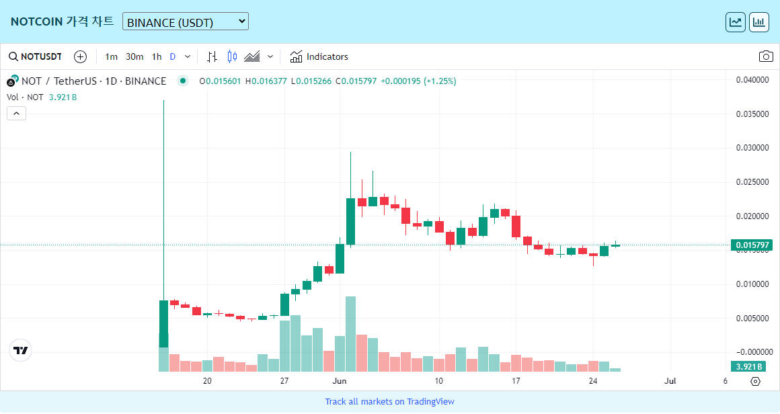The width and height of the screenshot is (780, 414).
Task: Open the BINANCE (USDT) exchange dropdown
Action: point(185,22)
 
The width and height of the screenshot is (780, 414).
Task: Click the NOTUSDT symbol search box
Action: point(35,56)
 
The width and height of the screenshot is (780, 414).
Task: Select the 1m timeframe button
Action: point(111,56)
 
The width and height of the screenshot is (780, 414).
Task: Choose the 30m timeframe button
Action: point(134,56)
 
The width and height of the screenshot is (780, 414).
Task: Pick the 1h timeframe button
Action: point(157,56)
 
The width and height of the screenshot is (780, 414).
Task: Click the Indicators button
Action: point(319,56)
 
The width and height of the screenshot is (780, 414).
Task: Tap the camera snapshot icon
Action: point(765,56)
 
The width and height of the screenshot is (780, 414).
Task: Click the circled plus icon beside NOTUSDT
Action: point(80,56)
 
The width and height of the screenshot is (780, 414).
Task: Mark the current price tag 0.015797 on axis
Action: point(751,245)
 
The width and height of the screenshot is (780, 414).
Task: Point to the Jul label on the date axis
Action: point(670,381)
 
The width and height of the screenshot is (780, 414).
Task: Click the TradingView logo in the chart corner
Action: point(21,350)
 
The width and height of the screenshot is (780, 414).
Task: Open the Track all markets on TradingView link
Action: point(389,401)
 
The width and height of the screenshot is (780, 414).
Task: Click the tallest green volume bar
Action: point(350,333)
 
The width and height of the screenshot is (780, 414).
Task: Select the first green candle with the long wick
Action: point(163,323)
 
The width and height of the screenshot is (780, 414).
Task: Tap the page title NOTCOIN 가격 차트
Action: point(62,22)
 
